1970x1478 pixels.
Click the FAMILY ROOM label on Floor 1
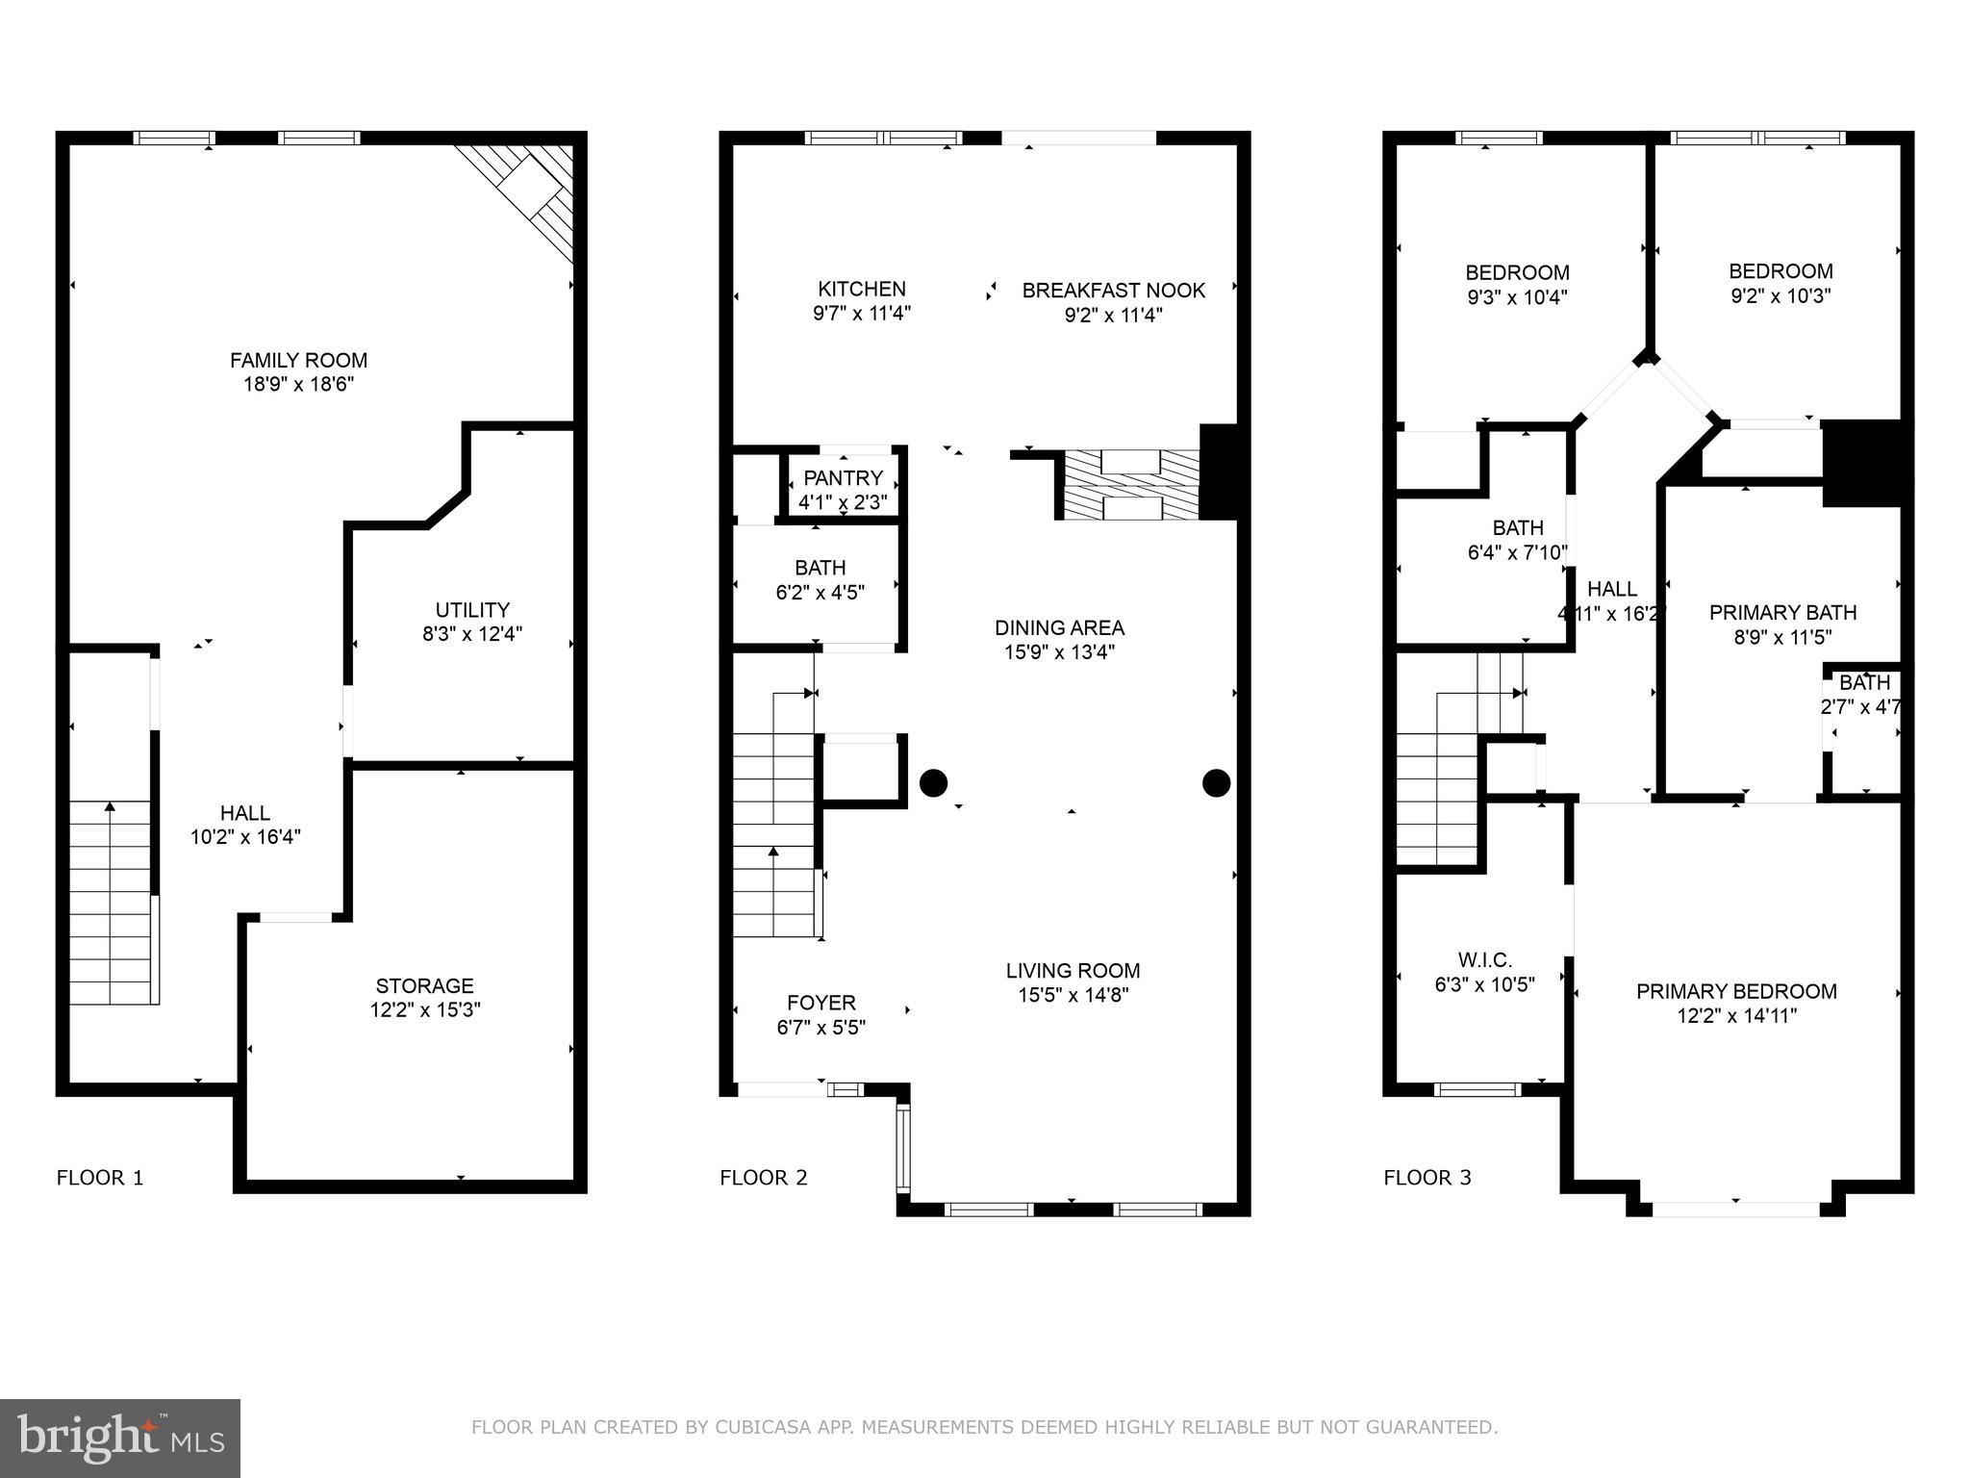point(298,361)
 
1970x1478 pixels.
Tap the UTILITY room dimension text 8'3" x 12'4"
point(472,634)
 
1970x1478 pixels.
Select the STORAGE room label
point(424,985)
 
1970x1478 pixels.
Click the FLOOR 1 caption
point(100,1178)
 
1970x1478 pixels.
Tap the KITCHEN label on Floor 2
point(861,289)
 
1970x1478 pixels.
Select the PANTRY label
point(843,478)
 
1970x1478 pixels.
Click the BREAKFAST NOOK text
point(1113,291)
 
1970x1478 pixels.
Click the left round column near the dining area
point(933,783)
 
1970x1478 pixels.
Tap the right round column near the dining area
point(1216,783)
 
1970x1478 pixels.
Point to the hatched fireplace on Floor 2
point(1130,485)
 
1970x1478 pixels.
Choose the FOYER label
point(821,1003)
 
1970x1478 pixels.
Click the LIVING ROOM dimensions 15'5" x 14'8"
point(1073,995)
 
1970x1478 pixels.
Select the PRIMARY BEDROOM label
point(1736,991)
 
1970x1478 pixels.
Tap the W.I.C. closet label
point(1484,959)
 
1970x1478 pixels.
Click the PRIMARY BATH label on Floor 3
point(1782,612)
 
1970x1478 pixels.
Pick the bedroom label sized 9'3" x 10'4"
point(1517,273)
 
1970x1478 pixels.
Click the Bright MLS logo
point(119,1438)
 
